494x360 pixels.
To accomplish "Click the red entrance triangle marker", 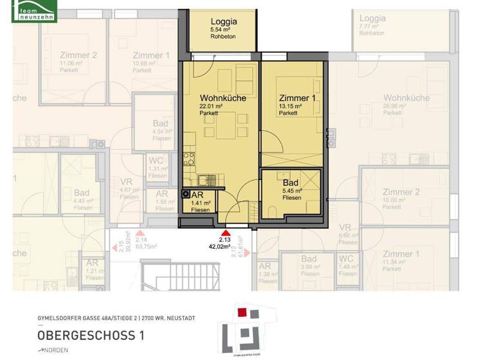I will click(225, 234).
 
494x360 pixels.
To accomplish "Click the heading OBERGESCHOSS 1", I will click(91, 335).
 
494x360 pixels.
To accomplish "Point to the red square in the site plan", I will click(242, 312).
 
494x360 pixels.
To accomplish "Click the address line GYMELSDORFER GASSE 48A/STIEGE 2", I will click(116, 318).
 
